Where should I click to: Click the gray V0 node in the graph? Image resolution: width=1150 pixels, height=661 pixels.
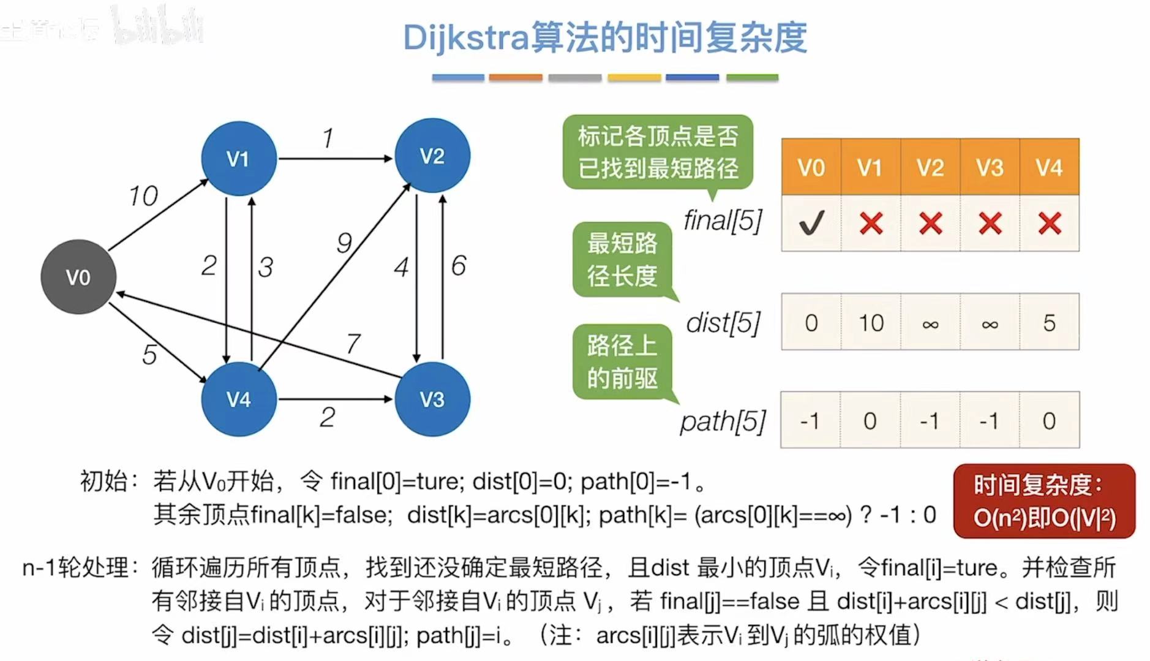(x=78, y=277)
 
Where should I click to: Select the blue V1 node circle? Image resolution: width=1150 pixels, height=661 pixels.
(x=238, y=159)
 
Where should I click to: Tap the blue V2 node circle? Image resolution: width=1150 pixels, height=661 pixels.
(x=432, y=156)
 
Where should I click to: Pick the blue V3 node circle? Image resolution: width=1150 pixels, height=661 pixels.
(x=432, y=399)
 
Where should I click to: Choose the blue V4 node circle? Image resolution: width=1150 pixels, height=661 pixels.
(x=238, y=399)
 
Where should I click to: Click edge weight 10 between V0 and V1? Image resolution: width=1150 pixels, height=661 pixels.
(x=143, y=196)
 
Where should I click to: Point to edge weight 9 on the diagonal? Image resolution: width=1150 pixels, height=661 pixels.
(x=344, y=243)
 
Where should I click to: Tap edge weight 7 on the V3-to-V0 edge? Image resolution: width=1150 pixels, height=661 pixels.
(x=353, y=343)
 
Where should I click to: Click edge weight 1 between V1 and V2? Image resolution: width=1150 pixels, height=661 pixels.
(x=328, y=138)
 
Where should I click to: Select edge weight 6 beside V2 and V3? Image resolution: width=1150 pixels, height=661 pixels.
(x=459, y=265)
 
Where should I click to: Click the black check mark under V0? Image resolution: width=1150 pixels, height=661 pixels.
(x=811, y=223)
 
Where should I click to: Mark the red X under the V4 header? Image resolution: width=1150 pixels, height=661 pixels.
(x=1050, y=223)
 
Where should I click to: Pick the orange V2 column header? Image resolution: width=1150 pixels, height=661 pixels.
(x=930, y=167)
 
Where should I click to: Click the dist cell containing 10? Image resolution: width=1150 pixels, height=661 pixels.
(x=871, y=322)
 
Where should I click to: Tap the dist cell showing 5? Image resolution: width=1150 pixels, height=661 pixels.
(x=1050, y=322)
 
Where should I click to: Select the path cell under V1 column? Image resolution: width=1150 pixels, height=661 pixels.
(x=870, y=421)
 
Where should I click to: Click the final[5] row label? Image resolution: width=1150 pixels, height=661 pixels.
(x=723, y=221)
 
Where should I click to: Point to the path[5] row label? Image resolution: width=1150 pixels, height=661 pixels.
(x=723, y=421)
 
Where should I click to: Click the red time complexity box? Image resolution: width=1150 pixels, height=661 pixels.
(x=1044, y=501)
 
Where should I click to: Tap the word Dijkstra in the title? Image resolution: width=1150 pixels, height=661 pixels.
(x=465, y=38)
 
